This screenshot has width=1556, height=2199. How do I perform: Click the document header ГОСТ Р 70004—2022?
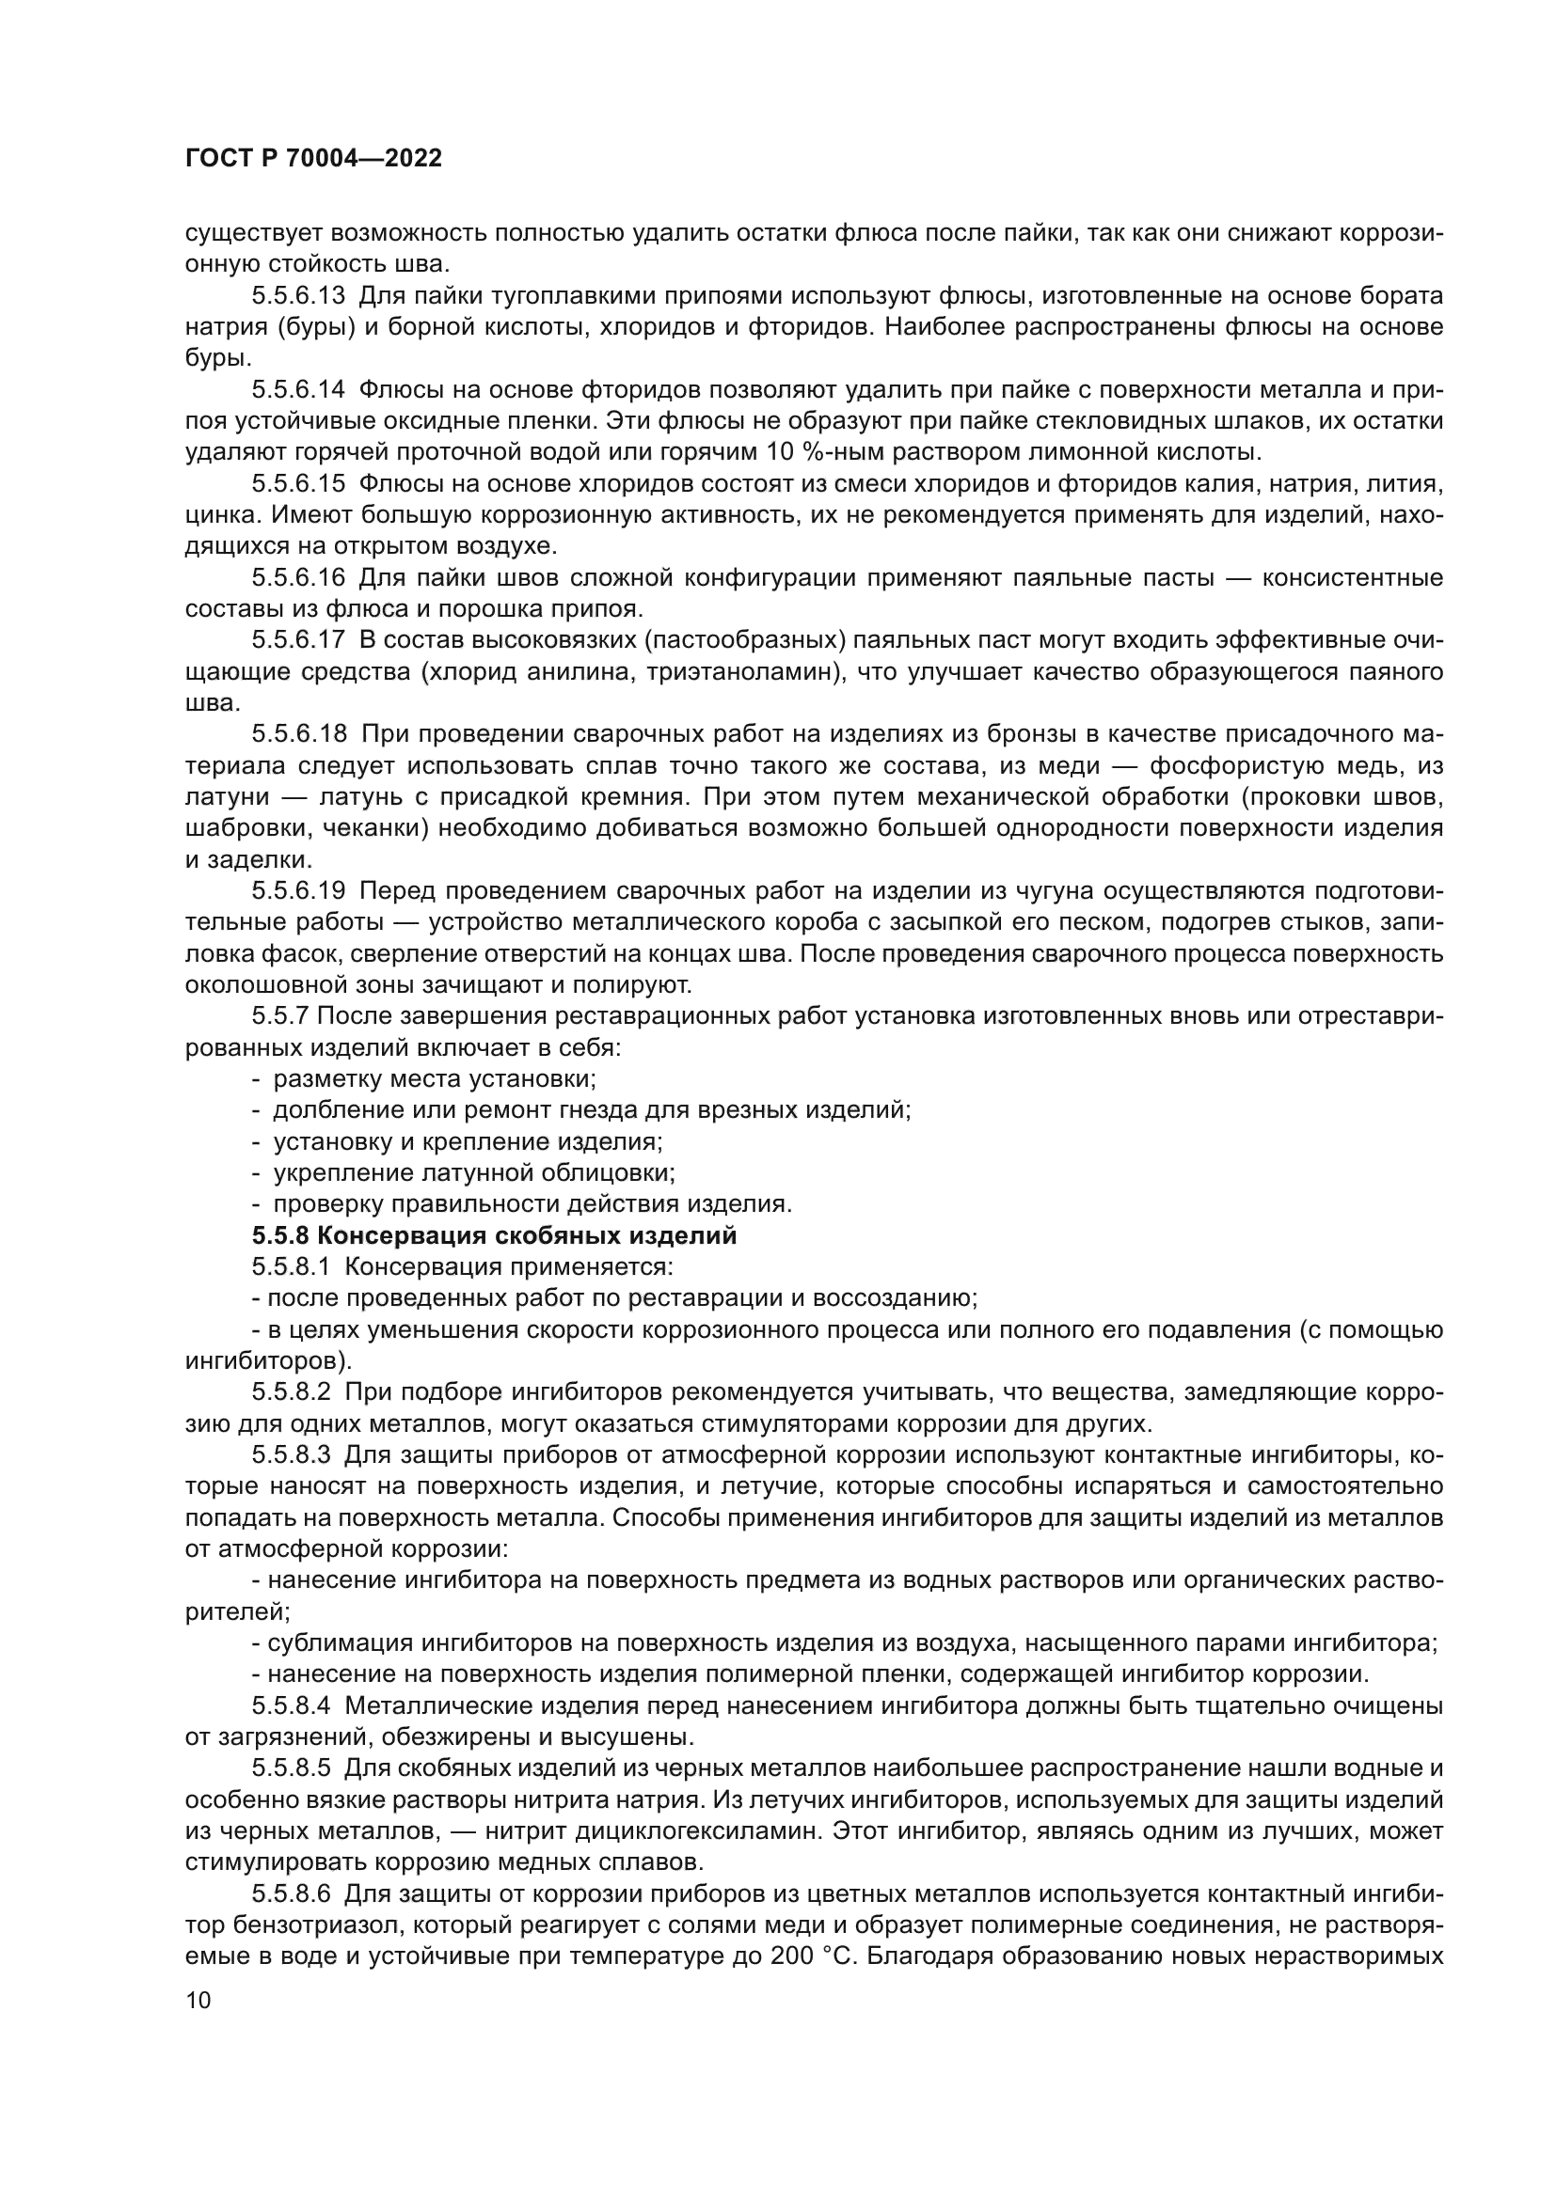313,159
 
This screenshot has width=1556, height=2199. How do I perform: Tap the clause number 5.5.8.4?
292,1705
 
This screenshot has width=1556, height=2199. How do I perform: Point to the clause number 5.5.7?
283,1016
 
